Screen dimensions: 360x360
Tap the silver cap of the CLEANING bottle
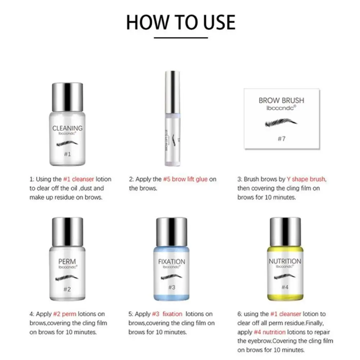[x=67, y=98]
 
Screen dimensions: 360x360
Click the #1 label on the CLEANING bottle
[x=67, y=154]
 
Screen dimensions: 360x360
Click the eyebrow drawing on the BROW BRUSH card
[x=282, y=123]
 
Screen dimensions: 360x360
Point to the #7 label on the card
[x=282, y=138]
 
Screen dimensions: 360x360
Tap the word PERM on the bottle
[x=67, y=261]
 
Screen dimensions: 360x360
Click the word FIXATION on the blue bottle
[x=172, y=262]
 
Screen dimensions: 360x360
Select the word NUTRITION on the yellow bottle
[x=285, y=261]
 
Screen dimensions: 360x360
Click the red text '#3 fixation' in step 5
[x=168, y=314]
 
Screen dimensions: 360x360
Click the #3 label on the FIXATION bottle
[x=172, y=287]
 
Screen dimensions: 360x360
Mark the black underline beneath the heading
[x=181, y=37]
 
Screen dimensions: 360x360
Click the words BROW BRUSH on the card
[x=282, y=100]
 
